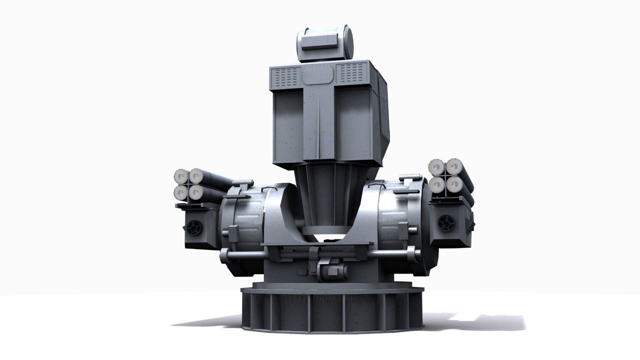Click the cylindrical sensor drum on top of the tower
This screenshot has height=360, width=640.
325,43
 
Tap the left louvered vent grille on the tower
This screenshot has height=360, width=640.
286,76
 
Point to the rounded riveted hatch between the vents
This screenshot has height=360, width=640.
318,75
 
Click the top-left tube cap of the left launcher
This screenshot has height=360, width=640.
181,176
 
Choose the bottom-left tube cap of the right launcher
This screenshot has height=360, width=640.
437,185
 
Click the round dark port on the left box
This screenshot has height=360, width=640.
194,228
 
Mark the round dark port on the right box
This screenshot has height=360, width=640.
446,223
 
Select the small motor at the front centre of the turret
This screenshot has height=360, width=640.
332,271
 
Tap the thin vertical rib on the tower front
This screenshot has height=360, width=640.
318,125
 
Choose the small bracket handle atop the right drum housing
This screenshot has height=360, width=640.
409,177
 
